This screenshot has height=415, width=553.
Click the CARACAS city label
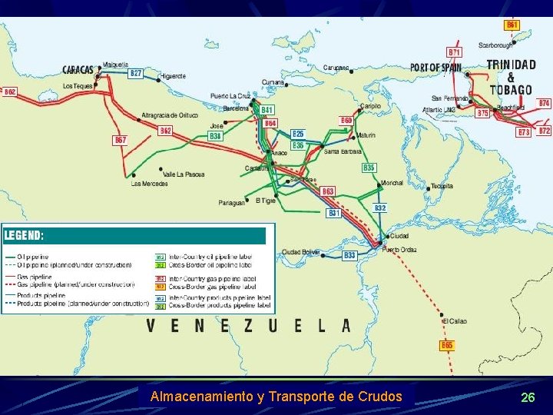coord(78,70)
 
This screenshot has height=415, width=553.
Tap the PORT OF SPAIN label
coord(435,68)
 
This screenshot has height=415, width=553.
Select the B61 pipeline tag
coord(512,25)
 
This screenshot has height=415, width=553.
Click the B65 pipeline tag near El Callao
coord(447,346)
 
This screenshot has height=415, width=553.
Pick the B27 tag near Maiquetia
coord(136,73)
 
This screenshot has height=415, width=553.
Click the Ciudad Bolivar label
coord(300,251)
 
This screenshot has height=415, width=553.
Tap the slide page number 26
coord(528,397)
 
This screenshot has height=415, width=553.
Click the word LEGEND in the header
coord(24,235)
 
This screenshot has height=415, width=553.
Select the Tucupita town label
coord(442,186)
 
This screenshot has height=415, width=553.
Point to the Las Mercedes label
coord(149,184)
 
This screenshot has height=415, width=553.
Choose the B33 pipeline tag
coord(349,255)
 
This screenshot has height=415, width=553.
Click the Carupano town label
coord(336,68)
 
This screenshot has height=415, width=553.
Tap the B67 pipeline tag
coord(121,140)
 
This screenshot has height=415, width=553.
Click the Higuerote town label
coord(173,76)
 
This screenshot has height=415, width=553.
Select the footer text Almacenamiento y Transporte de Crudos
coord(276,397)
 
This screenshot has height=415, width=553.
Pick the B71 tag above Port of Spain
coord(455,52)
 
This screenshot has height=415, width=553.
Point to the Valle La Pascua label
coord(184,174)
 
